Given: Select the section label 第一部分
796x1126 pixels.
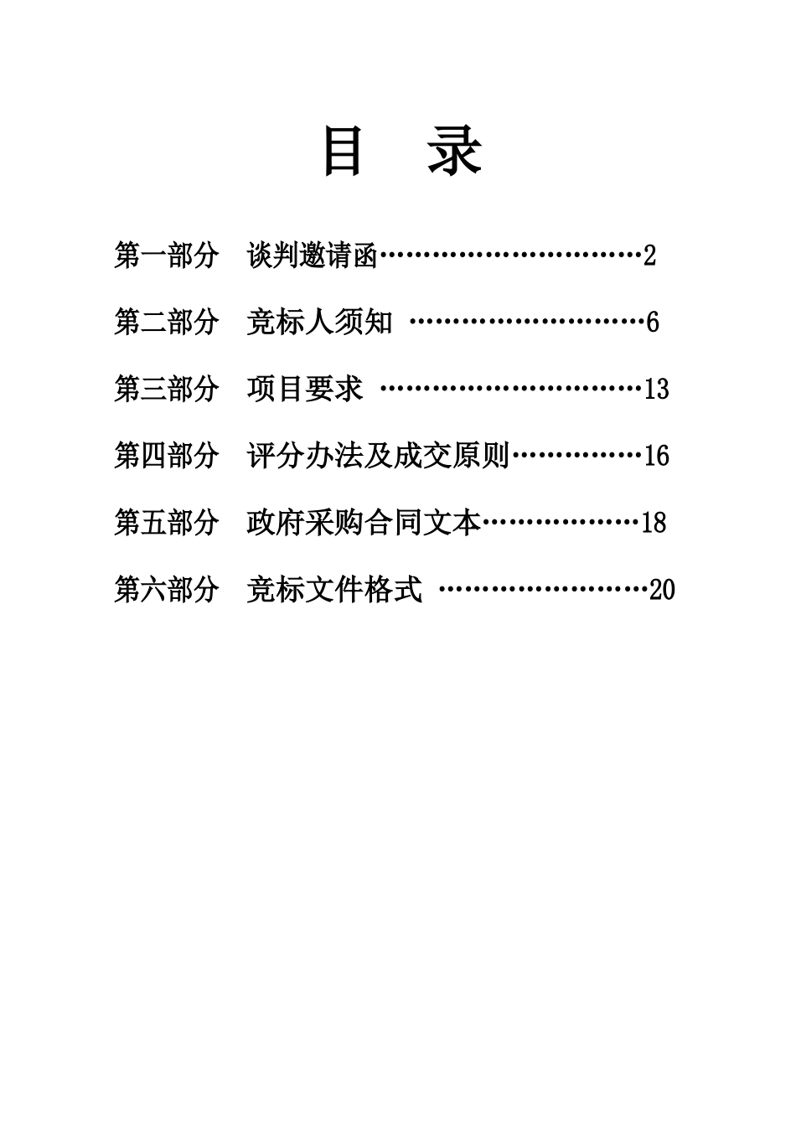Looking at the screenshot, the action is coord(166,255).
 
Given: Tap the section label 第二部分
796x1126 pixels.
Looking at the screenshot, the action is coord(166,322).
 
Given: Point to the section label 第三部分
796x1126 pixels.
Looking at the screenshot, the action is coord(166,389).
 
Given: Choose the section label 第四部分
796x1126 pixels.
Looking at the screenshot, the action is coord(166,456).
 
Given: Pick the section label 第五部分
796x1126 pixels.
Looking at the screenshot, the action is coord(166,523).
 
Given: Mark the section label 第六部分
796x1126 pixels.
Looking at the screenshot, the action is coord(166,590).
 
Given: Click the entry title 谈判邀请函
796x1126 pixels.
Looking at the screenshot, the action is coord(313,255).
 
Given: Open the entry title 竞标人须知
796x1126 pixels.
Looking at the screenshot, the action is coord(319,322).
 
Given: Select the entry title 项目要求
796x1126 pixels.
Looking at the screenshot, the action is coord(305,389).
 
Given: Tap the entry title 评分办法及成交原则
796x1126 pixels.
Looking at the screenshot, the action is coord(378,456).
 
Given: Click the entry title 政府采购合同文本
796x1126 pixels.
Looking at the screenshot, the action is coord(364,523).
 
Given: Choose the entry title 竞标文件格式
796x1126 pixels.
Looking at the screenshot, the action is coord(334,590).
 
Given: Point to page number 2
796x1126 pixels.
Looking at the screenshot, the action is coord(649,256).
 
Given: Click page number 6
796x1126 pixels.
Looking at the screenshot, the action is coord(653,323).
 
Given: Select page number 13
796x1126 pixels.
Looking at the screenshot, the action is coord(657,390).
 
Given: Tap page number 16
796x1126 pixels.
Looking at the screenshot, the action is coord(657,457).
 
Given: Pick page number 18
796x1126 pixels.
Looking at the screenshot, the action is coord(654,524).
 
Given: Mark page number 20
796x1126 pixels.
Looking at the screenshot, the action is coord(662,591).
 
